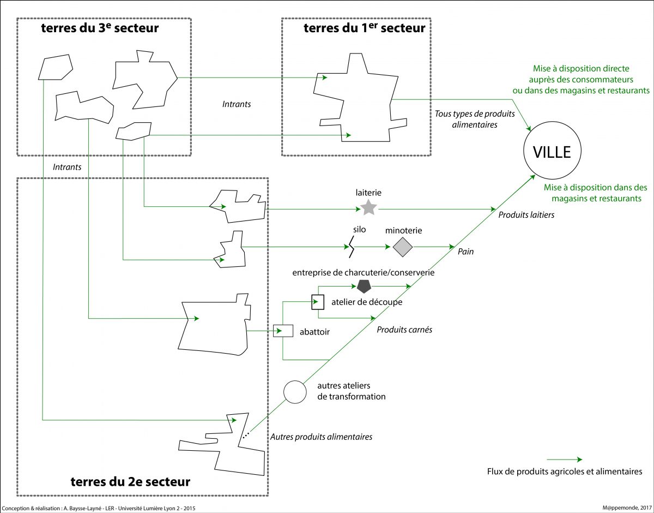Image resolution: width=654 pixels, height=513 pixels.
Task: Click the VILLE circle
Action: (552, 151)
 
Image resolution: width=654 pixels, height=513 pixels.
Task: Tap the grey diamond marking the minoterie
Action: (403, 247)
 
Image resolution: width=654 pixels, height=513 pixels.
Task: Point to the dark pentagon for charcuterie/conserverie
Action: (364, 287)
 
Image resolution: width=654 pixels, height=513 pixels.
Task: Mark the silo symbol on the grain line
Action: (351, 248)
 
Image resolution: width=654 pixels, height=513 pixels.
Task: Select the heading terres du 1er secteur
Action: (364, 28)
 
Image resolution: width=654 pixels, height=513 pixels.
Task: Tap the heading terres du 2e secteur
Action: (130, 482)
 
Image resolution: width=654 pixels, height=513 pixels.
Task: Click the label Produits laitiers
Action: (526, 215)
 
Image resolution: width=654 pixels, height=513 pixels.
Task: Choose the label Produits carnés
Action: (404, 330)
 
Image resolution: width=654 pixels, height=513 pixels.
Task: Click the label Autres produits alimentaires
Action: (322, 437)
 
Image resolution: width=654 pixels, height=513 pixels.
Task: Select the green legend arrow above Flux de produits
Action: (564, 460)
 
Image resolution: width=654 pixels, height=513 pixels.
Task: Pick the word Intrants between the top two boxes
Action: (237, 104)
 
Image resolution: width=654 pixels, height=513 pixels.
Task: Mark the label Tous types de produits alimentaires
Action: (465, 120)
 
